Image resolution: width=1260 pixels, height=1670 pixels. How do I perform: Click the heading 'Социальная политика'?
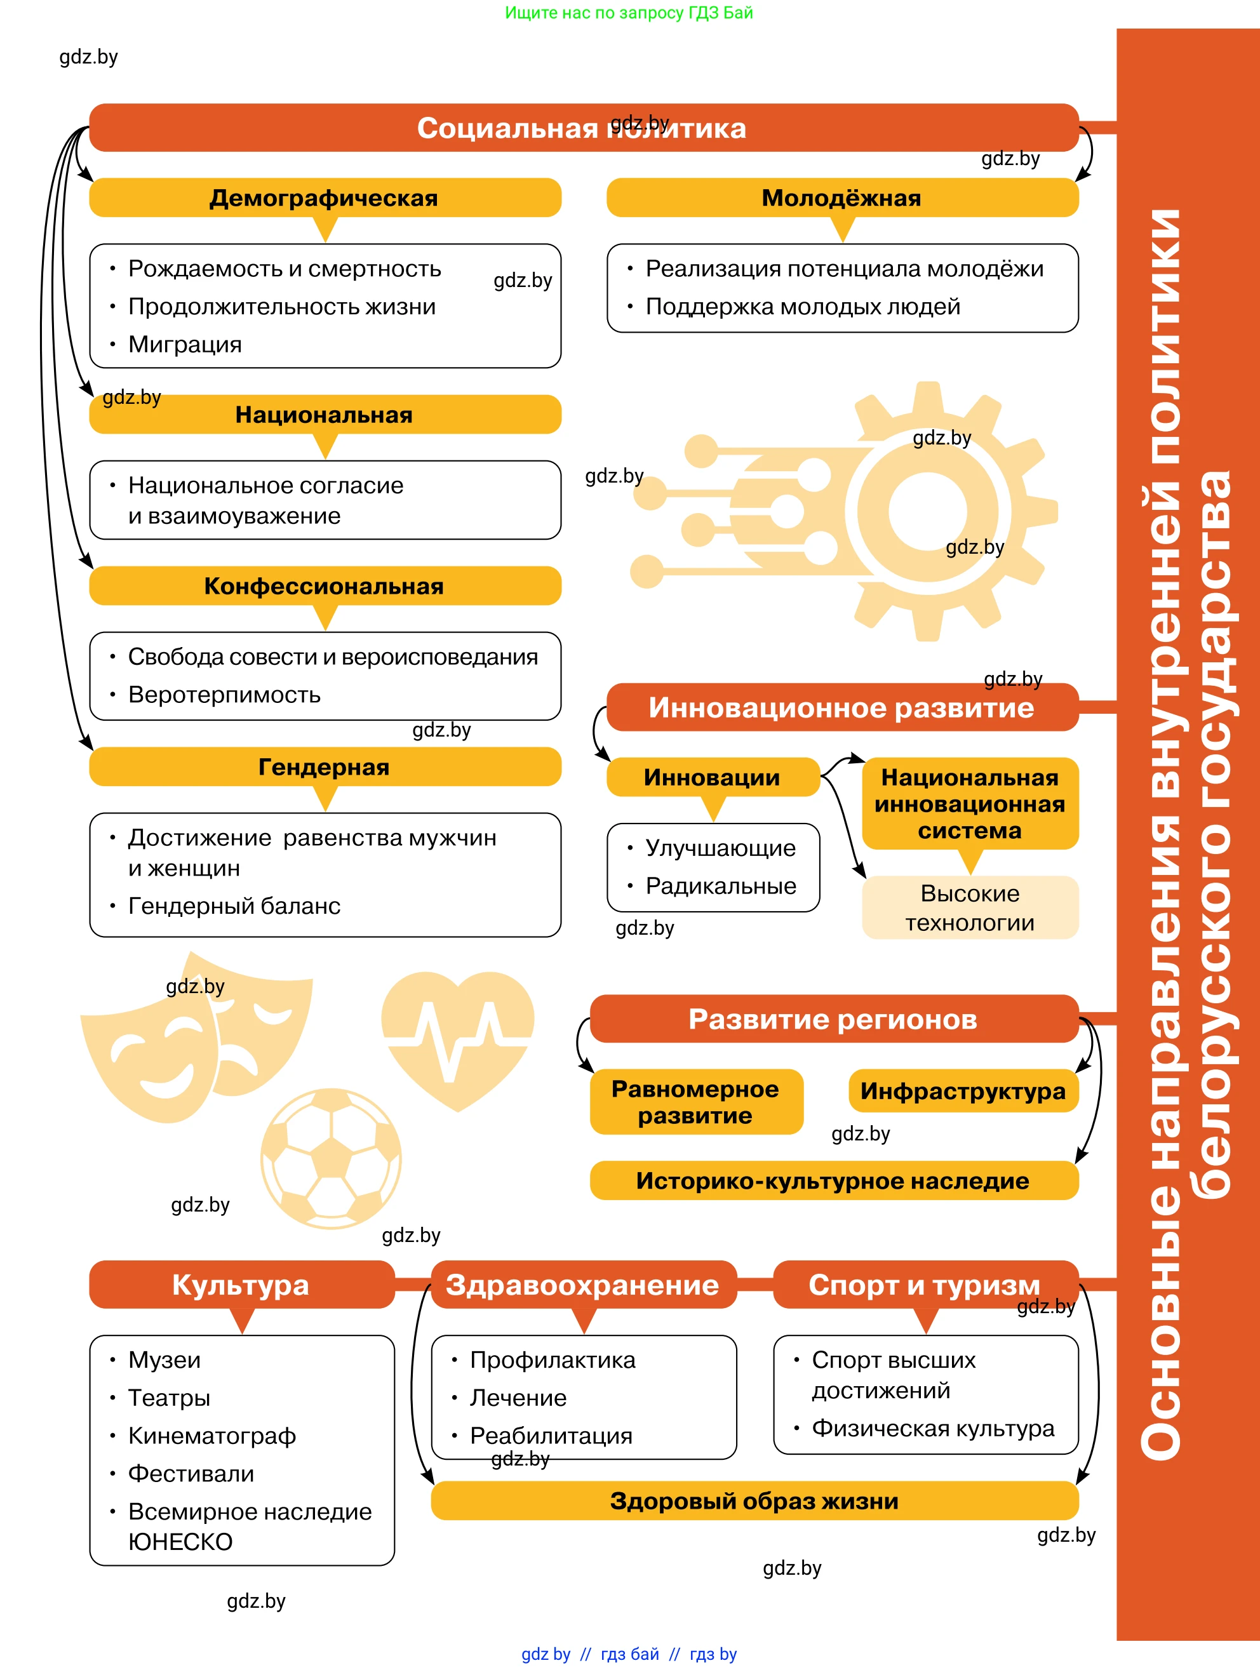pos(581,128)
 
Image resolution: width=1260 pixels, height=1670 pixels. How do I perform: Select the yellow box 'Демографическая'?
pos(325,198)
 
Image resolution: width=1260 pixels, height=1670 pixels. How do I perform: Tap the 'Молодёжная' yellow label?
pos(841,198)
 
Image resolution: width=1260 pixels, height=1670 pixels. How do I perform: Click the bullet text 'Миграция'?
pos(185,344)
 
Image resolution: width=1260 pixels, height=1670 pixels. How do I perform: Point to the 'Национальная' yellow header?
pos(325,415)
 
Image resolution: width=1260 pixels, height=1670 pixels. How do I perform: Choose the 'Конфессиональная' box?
pos(325,586)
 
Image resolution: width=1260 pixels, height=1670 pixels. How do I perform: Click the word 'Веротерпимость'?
pos(224,695)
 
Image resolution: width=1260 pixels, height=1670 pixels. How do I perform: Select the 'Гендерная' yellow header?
pos(325,767)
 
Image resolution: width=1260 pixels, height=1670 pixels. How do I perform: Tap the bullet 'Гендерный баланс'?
pos(234,906)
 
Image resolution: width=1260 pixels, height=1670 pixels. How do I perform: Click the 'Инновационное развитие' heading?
pos(841,707)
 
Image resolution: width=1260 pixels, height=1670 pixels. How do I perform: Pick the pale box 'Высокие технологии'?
pos(970,907)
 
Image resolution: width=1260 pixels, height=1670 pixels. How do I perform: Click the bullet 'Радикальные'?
pos(721,886)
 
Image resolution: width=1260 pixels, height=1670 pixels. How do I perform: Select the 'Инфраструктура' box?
pos(963,1091)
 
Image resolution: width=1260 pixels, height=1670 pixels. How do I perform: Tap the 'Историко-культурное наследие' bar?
pos(833,1181)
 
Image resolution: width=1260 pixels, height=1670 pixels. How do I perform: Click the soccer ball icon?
pos(331,1158)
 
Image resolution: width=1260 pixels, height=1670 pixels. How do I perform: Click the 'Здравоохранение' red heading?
pos(583,1285)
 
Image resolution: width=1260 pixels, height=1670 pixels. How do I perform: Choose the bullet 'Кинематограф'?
pos(212,1436)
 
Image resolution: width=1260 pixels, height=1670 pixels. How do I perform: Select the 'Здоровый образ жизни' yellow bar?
pos(755,1501)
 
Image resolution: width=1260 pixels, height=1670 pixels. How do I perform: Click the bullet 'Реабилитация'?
pos(551,1436)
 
